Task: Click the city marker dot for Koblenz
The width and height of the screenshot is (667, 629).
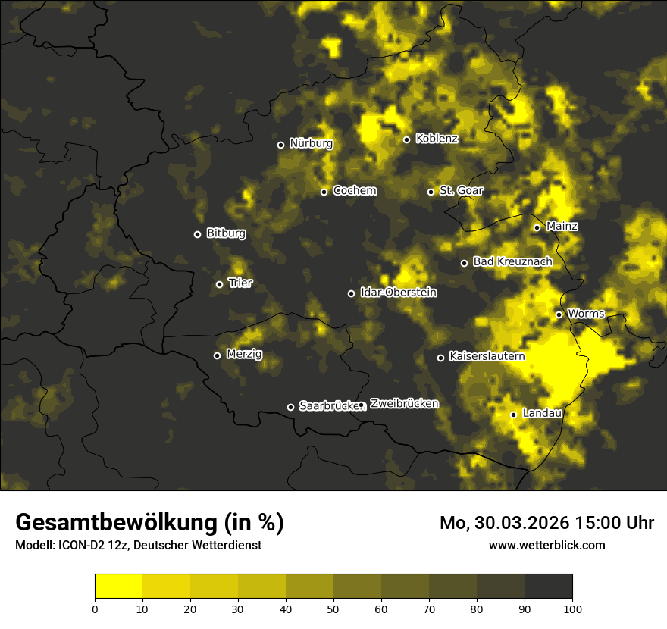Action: tap(407, 139)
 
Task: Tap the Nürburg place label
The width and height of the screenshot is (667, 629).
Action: tap(311, 143)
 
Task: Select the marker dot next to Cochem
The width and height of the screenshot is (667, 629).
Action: tap(324, 192)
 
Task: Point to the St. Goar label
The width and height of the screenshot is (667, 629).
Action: tap(461, 190)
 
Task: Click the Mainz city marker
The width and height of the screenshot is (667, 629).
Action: tap(537, 227)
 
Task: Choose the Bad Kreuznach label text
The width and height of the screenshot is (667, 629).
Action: tap(512, 261)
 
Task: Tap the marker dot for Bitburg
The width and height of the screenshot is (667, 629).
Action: tap(198, 234)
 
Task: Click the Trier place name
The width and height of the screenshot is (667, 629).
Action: tap(240, 283)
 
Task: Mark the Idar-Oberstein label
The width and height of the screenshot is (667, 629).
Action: tap(398, 292)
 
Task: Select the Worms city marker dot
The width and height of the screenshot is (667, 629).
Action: tap(559, 314)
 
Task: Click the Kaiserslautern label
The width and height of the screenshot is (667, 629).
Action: tap(487, 355)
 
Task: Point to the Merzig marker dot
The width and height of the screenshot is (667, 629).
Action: tap(218, 355)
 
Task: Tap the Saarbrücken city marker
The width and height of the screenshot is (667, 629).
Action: tap(290, 407)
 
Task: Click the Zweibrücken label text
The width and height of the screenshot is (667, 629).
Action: tap(404, 404)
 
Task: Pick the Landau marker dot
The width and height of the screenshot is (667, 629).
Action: tap(514, 415)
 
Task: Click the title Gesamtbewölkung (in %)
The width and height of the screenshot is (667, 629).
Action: tap(150, 522)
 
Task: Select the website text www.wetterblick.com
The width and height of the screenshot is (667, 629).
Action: tap(547, 545)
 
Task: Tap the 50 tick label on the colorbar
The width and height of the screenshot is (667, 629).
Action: tap(333, 608)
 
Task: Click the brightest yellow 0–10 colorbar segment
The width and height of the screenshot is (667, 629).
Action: tap(118, 586)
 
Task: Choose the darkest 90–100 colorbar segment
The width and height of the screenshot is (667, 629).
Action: tap(548, 586)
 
